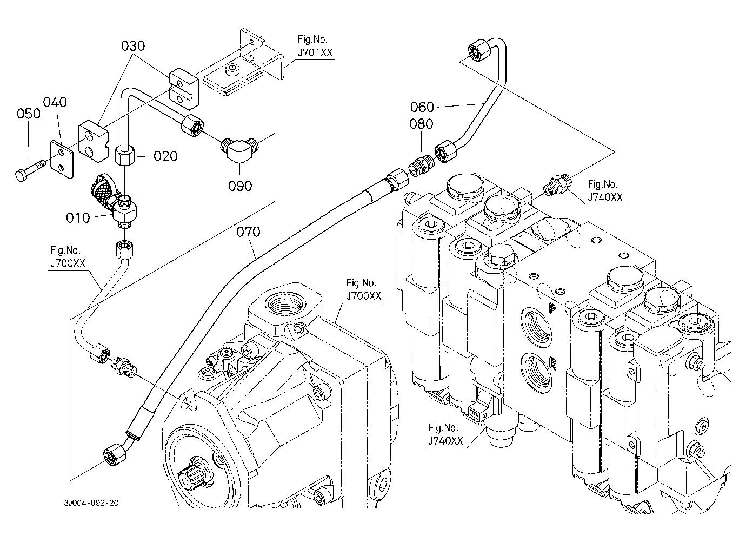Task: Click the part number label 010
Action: point(78,218)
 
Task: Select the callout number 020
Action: point(165,156)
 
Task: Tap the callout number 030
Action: point(133,46)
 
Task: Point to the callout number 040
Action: point(55,102)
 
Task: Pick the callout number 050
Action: point(29,114)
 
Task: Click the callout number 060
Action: point(422,106)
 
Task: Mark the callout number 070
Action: point(249,233)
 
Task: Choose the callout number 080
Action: point(421,124)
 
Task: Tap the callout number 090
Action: point(240,186)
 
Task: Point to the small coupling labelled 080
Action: point(420,164)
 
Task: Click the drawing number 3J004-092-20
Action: point(90,503)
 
